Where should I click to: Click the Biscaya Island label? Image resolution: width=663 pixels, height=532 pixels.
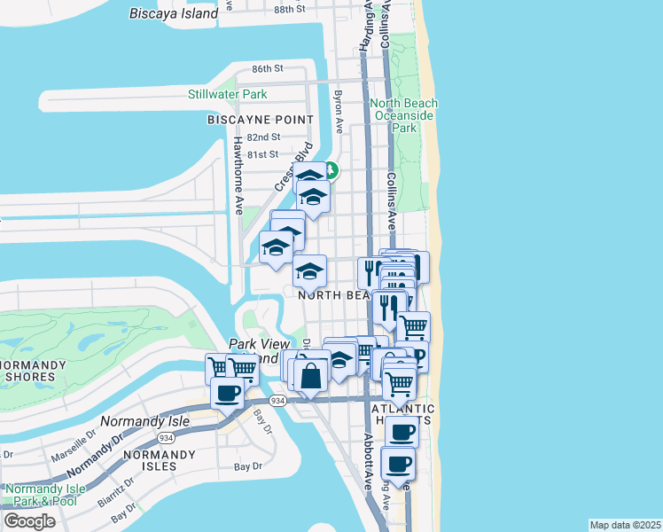[x=174, y=13]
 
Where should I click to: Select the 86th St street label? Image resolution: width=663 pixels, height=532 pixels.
[x=266, y=68]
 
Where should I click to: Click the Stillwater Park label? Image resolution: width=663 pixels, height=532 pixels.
[x=227, y=94]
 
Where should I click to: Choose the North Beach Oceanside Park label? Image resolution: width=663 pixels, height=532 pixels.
[x=404, y=115]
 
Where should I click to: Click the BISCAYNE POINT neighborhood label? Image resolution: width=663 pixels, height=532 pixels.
[x=261, y=119]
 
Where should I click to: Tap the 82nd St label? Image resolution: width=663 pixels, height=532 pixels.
[x=263, y=137]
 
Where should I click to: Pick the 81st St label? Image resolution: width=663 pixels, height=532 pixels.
[x=262, y=154]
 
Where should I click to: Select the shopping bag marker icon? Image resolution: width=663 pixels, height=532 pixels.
[x=311, y=375]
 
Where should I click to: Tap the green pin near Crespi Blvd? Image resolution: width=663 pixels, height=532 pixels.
[x=331, y=169]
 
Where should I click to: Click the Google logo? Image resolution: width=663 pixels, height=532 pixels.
[x=29, y=520]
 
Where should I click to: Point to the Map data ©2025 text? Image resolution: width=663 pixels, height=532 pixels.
[x=625, y=525]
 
